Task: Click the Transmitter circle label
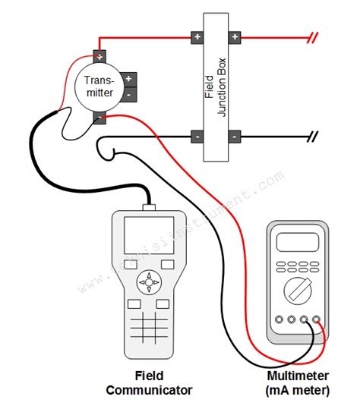[99, 86]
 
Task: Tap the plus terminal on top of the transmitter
[99, 55]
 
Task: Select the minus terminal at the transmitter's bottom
[99, 116]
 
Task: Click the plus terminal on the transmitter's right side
[129, 78]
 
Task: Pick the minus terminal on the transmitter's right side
[129, 93]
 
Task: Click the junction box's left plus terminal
[197, 36]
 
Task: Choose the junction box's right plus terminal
[235, 36]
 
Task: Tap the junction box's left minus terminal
[197, 137]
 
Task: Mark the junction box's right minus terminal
[235, 137]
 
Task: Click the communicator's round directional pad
[149, 283]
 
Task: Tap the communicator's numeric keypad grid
[149, 329]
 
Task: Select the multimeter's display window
[297, 242]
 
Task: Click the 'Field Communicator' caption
[149, 384]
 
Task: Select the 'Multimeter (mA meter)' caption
[298, 384]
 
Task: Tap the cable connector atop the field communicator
[149, 205]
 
